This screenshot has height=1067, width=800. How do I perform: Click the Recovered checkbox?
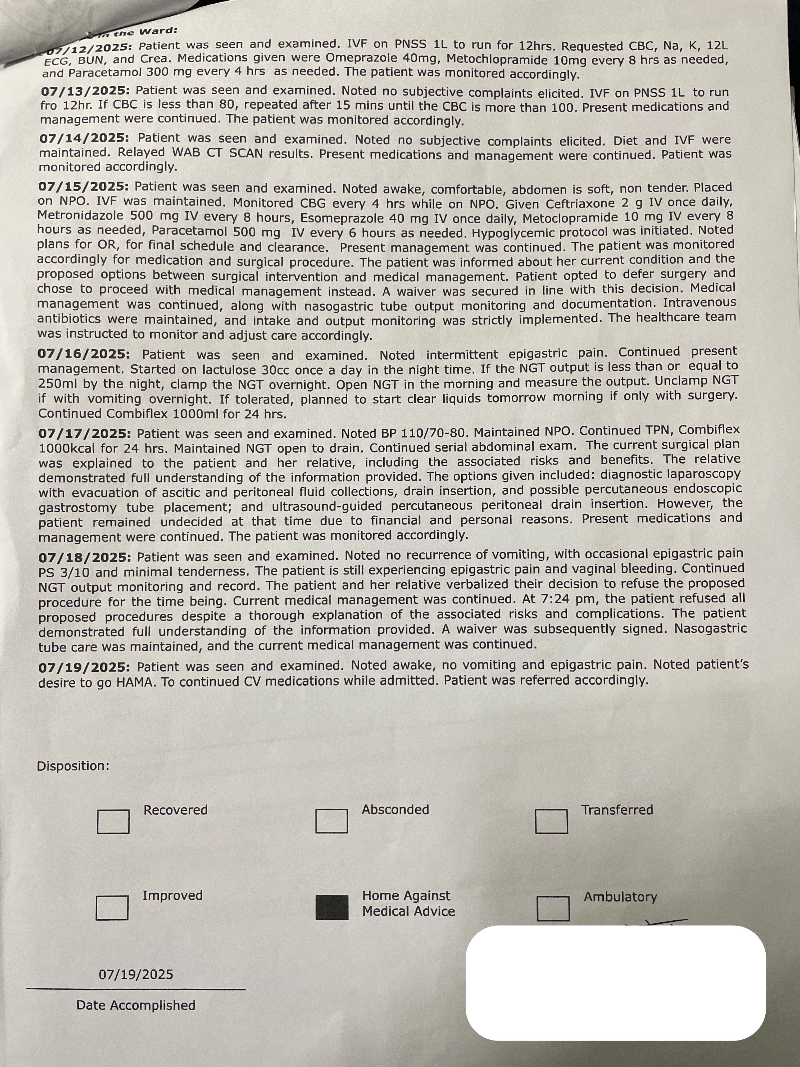[x=113, y=821]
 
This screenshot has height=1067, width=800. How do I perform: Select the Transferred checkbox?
[x=551, y=821]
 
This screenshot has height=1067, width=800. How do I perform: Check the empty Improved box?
[x=112, y=907]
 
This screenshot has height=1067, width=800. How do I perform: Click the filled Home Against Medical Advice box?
[x=332, y=907]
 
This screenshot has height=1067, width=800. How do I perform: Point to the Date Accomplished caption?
[x=135, y=1005]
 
